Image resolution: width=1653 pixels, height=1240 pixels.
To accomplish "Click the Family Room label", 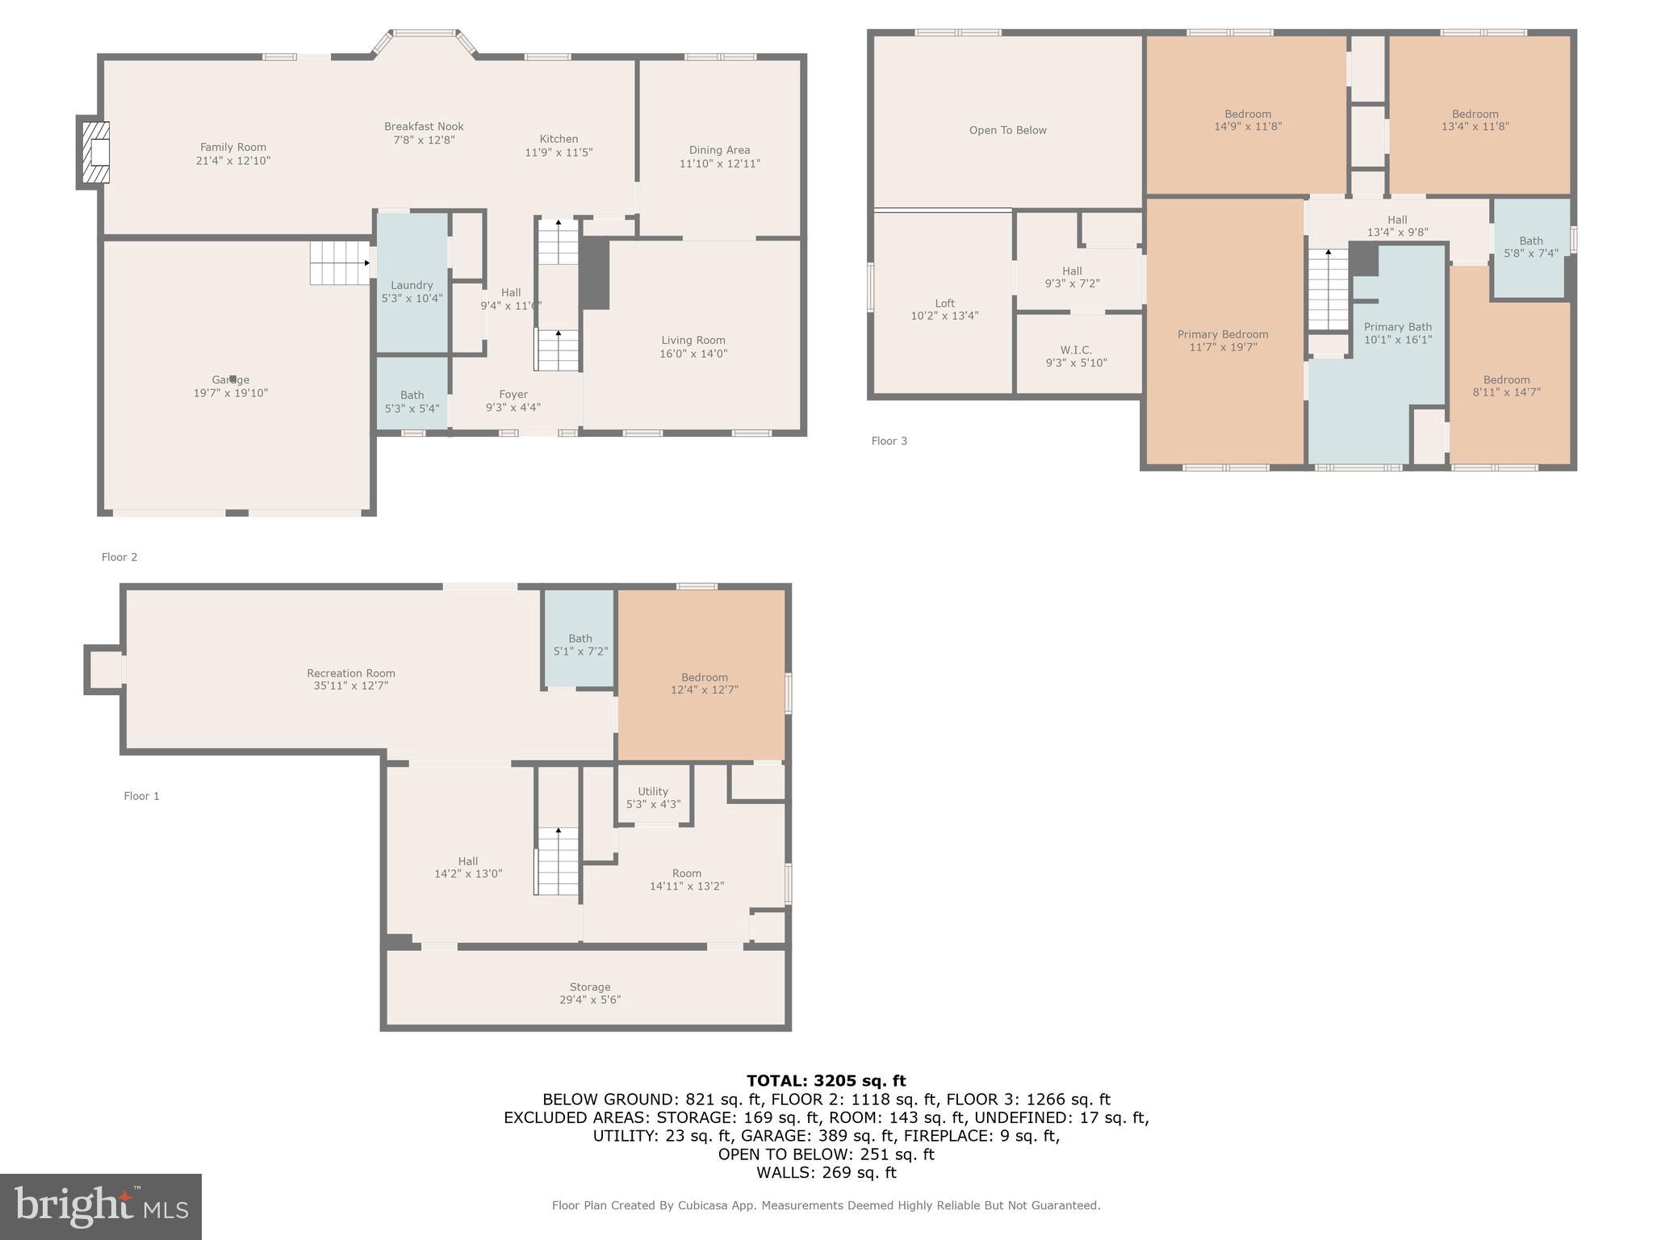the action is pos(233,147).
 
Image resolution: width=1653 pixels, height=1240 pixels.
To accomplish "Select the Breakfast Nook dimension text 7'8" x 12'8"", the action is pos(424,140).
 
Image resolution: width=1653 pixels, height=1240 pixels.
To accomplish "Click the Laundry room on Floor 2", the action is pos(412,283).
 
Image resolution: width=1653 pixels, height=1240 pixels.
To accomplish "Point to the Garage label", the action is pos(231,379).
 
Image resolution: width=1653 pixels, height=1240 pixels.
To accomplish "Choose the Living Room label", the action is pos(693,341).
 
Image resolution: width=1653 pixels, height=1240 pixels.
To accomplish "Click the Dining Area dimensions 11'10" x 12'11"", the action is pos(720,163).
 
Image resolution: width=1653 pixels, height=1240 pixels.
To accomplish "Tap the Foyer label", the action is pos(513,395).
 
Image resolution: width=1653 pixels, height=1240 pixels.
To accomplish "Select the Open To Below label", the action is pos(1008,130).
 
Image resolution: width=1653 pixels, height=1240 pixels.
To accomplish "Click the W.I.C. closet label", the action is pos(1077,350).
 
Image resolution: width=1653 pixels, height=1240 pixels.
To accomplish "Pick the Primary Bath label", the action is pos(1398,327).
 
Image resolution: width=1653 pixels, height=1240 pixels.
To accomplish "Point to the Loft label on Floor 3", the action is pos(945,304).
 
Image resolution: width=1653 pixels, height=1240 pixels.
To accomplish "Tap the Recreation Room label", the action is pos(351,673).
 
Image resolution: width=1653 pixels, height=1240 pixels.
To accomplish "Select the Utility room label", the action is pos(653,791).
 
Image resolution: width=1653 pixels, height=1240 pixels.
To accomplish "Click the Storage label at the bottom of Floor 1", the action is pos(590,987).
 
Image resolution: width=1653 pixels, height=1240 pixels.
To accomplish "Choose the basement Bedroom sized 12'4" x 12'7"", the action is pos(701,675).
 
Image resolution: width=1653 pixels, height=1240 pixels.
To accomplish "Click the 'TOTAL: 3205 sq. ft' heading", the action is pos(826,1081).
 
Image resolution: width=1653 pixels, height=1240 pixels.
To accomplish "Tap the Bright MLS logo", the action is pos(101,1207).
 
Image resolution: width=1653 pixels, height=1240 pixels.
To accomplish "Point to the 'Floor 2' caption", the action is pos(119,557).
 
